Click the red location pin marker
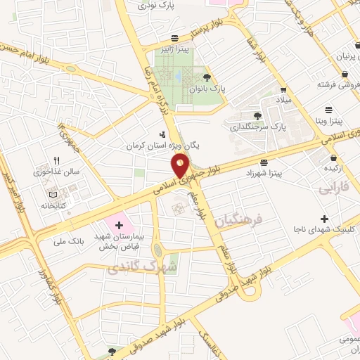(181, 165)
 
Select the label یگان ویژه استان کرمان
(163, 146)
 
